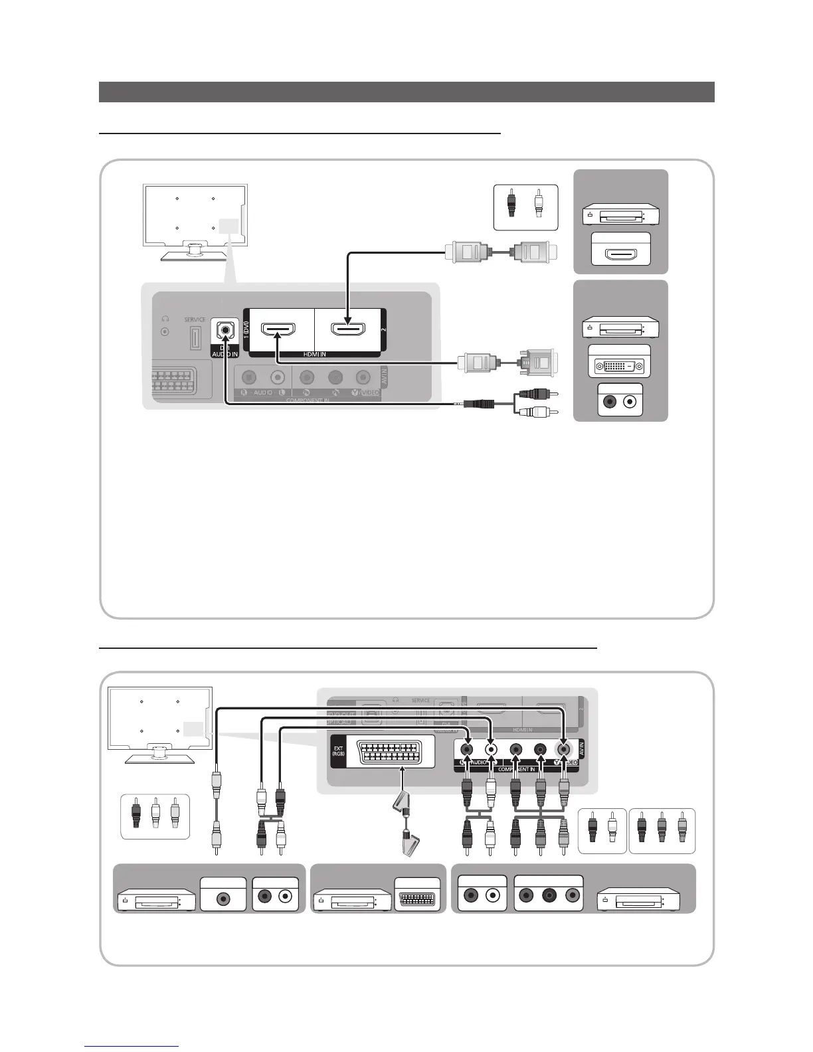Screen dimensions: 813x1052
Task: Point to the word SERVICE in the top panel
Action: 195,319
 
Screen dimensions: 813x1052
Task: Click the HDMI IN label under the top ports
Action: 314,355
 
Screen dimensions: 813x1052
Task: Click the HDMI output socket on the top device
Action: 620,254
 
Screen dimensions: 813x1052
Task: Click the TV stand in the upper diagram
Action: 195,251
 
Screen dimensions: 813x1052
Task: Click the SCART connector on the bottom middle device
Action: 417,901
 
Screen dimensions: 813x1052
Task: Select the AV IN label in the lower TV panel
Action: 582,748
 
